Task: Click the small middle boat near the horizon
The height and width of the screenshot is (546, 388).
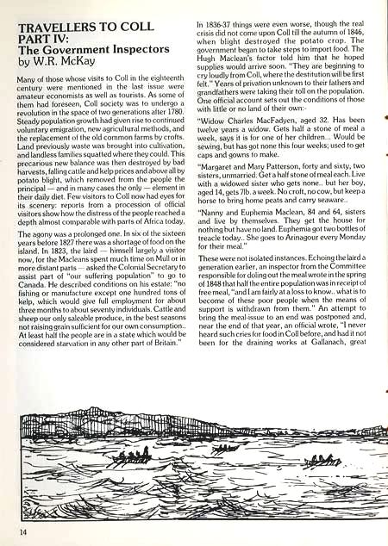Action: click(224, 448)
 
